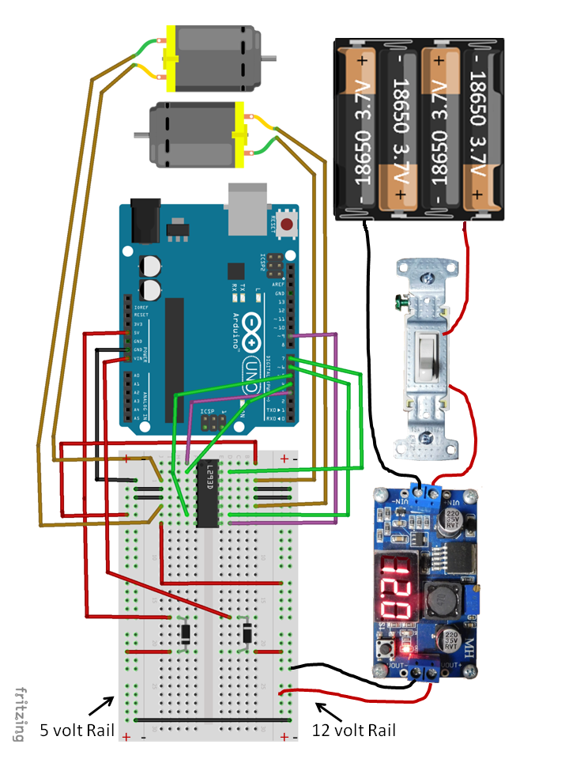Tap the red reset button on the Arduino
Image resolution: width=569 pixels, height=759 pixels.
(286, 225)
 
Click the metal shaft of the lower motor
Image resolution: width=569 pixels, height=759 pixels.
(141, 134)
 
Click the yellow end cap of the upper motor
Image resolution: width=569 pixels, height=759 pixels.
(168, 59)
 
